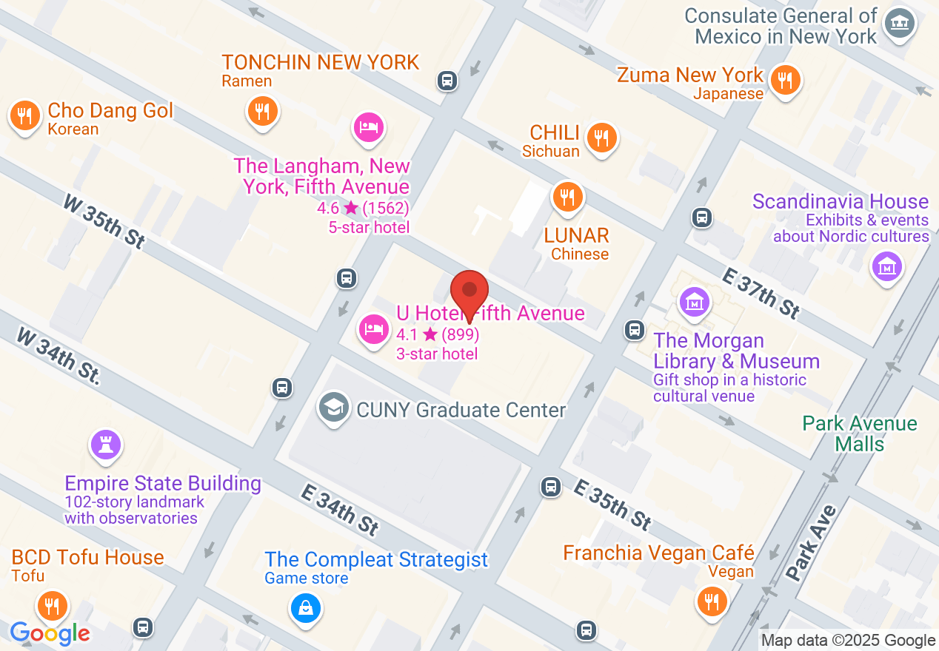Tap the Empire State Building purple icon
pos(105,445)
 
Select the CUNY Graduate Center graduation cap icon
pos(334,407)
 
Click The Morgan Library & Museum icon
pos(695,302)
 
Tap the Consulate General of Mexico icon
pos(900,24)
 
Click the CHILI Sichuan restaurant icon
pos(601,138)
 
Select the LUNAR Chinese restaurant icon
pos(567,198)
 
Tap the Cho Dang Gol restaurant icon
pos(25,115)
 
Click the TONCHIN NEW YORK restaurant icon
pos(261,112)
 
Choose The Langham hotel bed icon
pos(368,127)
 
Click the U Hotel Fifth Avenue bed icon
pos(374,328)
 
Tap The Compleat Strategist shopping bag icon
pos(304,608)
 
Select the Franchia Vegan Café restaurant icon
pos(712,601)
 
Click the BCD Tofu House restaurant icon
pos(51,605)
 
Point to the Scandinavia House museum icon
pos(886,266)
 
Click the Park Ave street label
pos(812,542)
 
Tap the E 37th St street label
pos(761,294)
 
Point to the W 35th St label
pos(103,220)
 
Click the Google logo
pos(50,633)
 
